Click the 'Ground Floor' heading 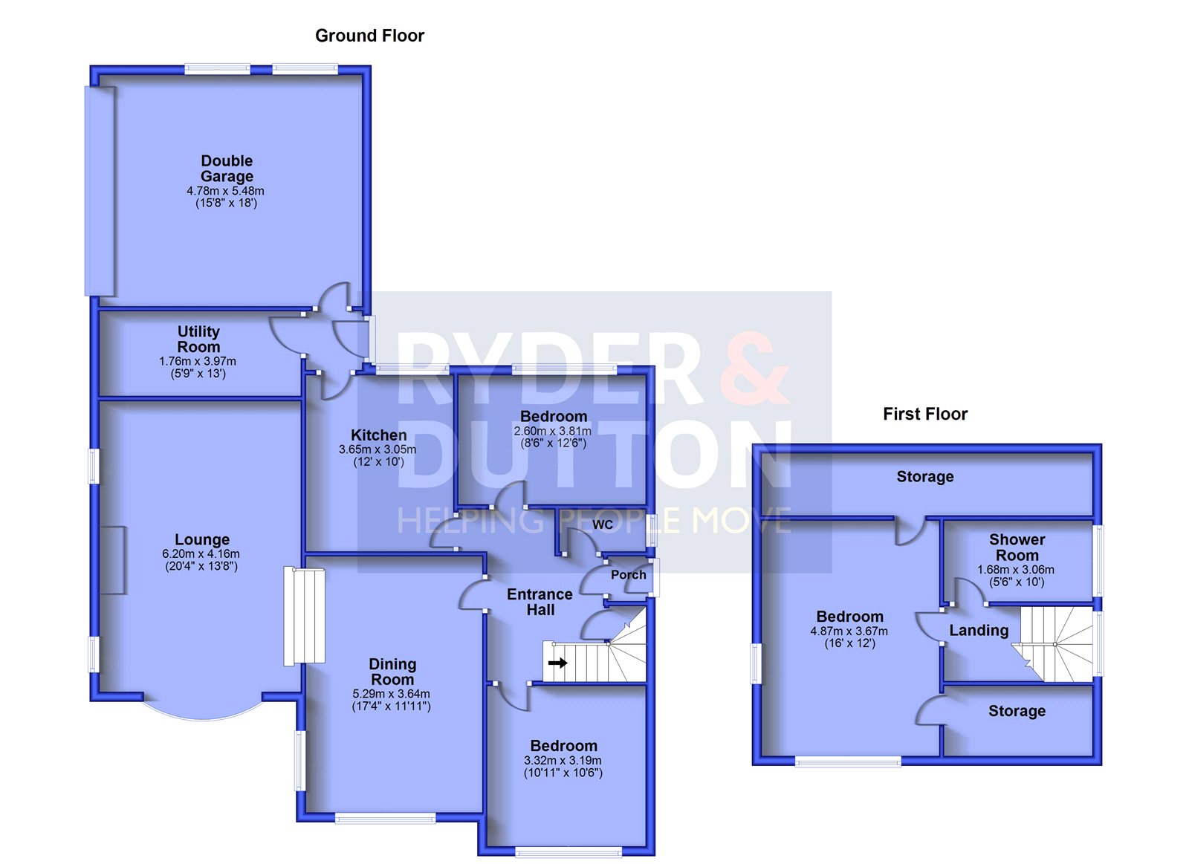pyautogui.click(x=369, y=36)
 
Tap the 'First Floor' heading pyautogui.click(x=925, y=414)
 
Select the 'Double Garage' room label pyautogui.click(x=227, y=168)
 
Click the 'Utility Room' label pyautogui.click(x=198, y=339)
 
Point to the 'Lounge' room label pyautogui.click(x=202, y=540)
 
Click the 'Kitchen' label pyautogui.click(x=379, y=435)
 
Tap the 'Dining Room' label pyautogui.click(x=392, y=672)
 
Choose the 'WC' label pyautogui.click(x=603, y=525)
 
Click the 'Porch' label pyautogui.click(x=629, y=575)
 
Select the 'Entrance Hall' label pyautogui.click(x=540, y=602)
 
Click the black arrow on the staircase pyautogui.click(x=557, y=663)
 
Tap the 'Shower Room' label pyautogui.click(x=1017, y=548)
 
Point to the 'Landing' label pyautogui.click(x=979, y=631)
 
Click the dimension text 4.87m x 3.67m pyautogui.click(x=849, y=631)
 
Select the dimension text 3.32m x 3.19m pyautogui.click(x=563, y=761)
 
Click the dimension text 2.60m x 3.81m pyautogui.click(x=553, y=431)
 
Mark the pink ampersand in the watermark pyautogui.click(x=755, y=368)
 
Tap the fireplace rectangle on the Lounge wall pyautogui.click(x=112, y=560)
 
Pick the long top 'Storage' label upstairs pyautogui.click(x=925, y=477)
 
